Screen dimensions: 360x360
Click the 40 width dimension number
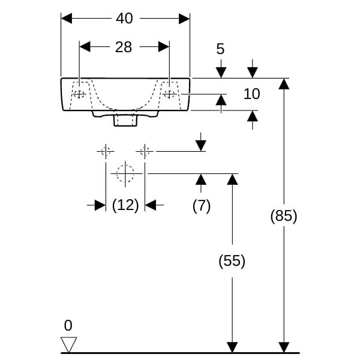point(124,19)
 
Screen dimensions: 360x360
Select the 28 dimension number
point(124,47)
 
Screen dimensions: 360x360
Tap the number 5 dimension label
point(220,49)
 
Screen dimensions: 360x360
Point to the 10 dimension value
point(251,94)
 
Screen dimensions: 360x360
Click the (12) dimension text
point(125,205)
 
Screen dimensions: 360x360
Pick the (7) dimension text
point(202,206)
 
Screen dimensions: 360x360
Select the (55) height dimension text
point(232,261)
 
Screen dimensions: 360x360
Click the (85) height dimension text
point(284,216)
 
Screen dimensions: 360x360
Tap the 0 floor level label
point(68,326)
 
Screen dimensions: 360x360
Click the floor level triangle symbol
point(68,344)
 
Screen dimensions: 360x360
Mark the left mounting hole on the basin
point(79,94)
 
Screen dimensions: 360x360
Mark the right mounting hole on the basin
point(169,94)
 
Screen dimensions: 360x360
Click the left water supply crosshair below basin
point(106,152)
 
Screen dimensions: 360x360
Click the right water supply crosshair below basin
point(145,152)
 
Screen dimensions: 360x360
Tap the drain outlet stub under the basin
point(125,119)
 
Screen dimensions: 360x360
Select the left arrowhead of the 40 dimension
point(67,19)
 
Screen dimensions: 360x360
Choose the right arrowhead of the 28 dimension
point(164,47)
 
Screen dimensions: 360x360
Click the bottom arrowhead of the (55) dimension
point(232,347)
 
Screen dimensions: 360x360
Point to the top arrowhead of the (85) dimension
point(284,84)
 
